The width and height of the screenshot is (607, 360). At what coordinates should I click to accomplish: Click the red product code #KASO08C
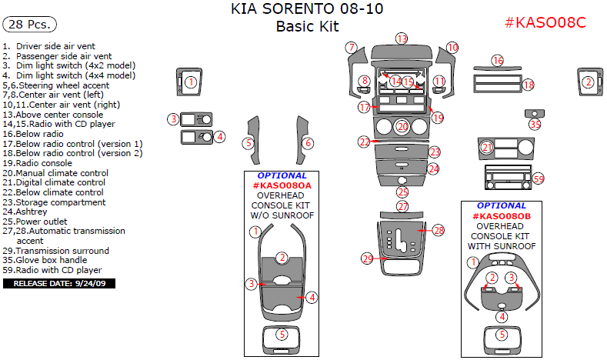tap(545, 22)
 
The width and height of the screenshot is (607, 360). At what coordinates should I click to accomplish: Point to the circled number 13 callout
tap(402, 38)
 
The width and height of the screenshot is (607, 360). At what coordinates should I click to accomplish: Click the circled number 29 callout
tap(367, 258)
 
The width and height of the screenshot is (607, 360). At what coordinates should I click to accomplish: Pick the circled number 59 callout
tap(538, 178)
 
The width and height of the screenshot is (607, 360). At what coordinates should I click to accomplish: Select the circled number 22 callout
tap(364, 142)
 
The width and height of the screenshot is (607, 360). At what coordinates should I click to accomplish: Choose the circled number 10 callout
tap(452, 48)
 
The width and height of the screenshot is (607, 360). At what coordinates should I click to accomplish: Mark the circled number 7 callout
tap(351, 48)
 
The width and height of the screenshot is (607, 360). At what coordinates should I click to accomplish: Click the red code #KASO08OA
tap(282, 185)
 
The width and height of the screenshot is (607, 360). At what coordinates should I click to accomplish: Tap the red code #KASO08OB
tap(502, 216)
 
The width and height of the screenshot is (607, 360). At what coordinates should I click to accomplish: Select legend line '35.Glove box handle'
tap(45, 261)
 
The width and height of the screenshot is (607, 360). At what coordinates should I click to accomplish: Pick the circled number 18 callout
tap(528, 85)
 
